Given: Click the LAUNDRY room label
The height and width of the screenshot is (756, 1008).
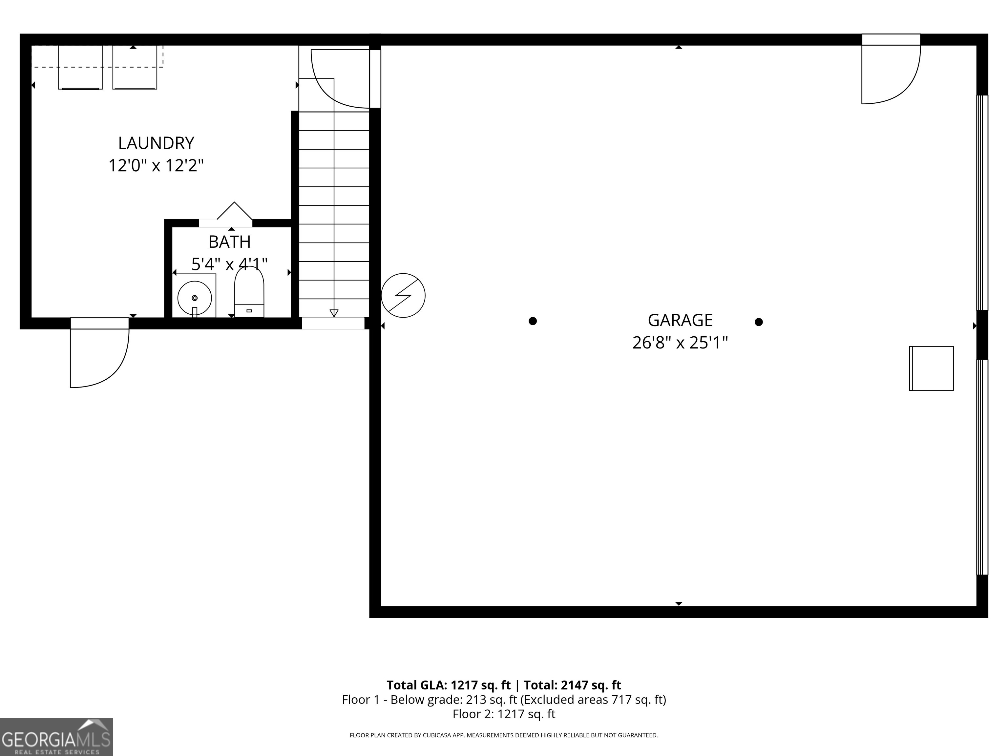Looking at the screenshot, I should pyautogui.click(x=156, y=143).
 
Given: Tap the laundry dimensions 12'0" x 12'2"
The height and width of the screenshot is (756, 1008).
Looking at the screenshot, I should pyautogui.click(x=156, y=165).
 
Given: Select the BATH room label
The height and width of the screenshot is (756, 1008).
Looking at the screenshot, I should pyautogui.click(x=229, y=242).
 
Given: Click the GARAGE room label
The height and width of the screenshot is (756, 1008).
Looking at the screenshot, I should pyautogui.click(x=680, y=320).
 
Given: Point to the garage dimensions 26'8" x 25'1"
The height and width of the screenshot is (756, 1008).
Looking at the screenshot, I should pyautogui.click(x=680, y=343).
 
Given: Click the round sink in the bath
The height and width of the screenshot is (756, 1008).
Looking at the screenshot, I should pyautogui.click(x=195, y=298).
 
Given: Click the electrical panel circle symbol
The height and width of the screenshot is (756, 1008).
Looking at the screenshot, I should pyautogui.click(x=403, y=295).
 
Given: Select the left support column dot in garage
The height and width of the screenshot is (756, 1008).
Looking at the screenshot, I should pyautogui.click(x=533, y=321).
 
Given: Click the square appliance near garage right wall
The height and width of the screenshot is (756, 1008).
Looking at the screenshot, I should pyautogui.click(x=932, y=368).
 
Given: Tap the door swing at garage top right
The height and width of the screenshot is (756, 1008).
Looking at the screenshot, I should pyautogui.click(x=889, y=75).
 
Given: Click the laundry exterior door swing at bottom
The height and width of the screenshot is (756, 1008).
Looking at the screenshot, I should pyautogui.click(x=98, y=358).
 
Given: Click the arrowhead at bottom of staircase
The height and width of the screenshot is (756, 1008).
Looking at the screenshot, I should pyautogui.click(x=334, y=313).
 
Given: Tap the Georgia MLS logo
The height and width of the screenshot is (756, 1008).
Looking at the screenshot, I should pyautogui.click(x=56, y=737).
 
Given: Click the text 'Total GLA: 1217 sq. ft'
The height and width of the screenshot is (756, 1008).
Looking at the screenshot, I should pyautogui.click(x=449, y=685).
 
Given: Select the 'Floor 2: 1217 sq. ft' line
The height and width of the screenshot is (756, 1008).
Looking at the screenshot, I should pyautogui.click(x=504, y=714).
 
